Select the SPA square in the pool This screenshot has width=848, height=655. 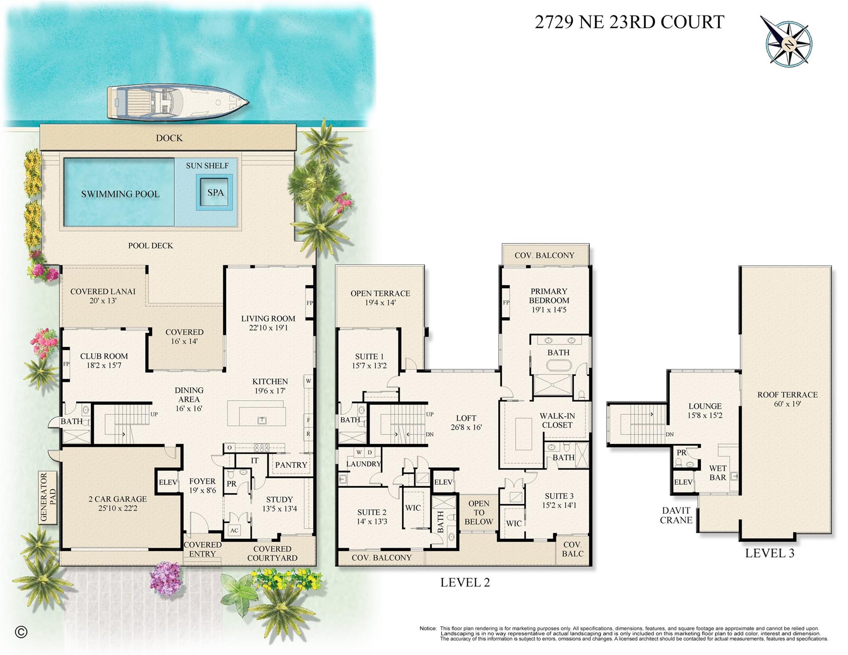(x=215, y=192)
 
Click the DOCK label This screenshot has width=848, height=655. (x=169, y=138)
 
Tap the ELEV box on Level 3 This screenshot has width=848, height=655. (x=683, y=482)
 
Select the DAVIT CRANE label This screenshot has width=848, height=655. (x=676, y=515)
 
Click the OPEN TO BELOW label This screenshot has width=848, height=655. (x=479, y=513)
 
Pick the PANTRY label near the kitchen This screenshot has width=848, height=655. (x=291, y=465)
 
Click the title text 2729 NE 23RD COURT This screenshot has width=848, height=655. (x=629, y=22)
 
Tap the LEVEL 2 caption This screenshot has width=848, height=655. (x=465, y=582)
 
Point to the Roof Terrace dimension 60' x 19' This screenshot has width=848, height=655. (x=787, y=404)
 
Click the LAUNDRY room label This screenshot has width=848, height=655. (x=363, y=464)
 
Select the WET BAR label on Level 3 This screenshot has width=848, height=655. (x=717, y=472)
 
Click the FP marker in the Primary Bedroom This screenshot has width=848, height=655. (x=506, y=302)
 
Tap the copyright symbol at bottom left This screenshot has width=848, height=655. (x=21, y=632)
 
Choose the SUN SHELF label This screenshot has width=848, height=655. (x=207, y=165)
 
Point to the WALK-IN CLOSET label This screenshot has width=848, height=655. (x=557, y=420)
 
